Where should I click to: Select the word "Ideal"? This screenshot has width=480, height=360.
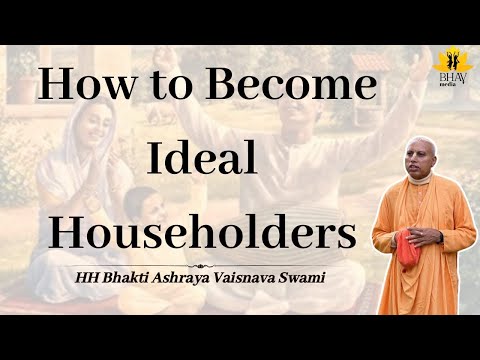[200, 159]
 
